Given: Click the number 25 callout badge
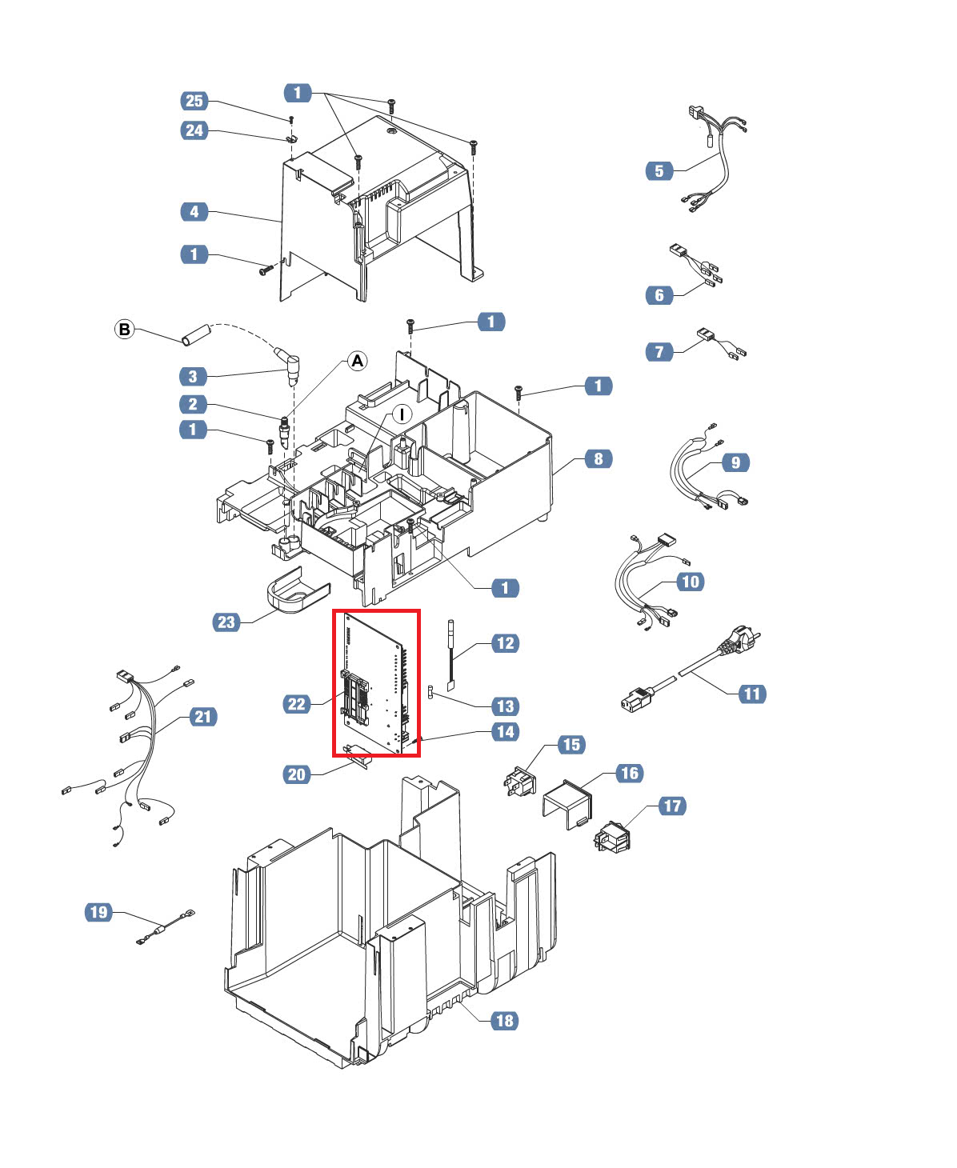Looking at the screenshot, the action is click(194, 101).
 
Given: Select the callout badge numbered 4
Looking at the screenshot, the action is click(194, 211).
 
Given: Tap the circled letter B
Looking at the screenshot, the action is click(125, 330).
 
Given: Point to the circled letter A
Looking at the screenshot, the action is click(358, 361).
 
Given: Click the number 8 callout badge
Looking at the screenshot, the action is click(599, 458).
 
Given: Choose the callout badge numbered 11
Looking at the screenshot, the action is click(752, 694).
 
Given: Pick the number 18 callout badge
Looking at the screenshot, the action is click(505, 1021).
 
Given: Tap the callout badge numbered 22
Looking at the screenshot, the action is click(296, 704).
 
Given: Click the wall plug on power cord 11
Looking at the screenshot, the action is click(739, 642).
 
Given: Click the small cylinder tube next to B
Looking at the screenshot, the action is click(196, 335).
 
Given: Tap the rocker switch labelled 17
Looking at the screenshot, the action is click(612, 838).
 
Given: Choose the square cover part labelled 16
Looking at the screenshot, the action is click(567, 804).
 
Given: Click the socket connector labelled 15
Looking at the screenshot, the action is click(520, 781).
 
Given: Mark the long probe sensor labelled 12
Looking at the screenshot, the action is click(450, 656).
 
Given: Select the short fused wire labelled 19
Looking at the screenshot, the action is click(165, 926).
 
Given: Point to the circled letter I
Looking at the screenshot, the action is click(402, 414).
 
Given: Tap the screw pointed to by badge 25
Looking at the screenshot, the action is click(291, 120).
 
